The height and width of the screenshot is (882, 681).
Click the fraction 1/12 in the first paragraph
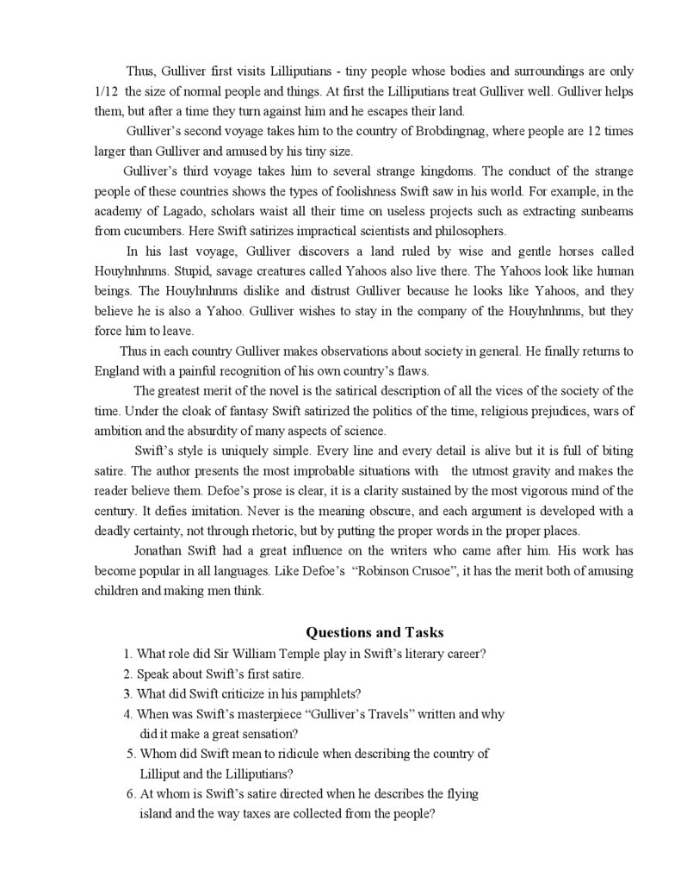click(108, 90)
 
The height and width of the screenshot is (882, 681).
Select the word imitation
click(199, 511)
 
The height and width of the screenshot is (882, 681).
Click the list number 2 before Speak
click(127, 674)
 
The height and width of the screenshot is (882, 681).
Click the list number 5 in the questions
click(131, 754)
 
